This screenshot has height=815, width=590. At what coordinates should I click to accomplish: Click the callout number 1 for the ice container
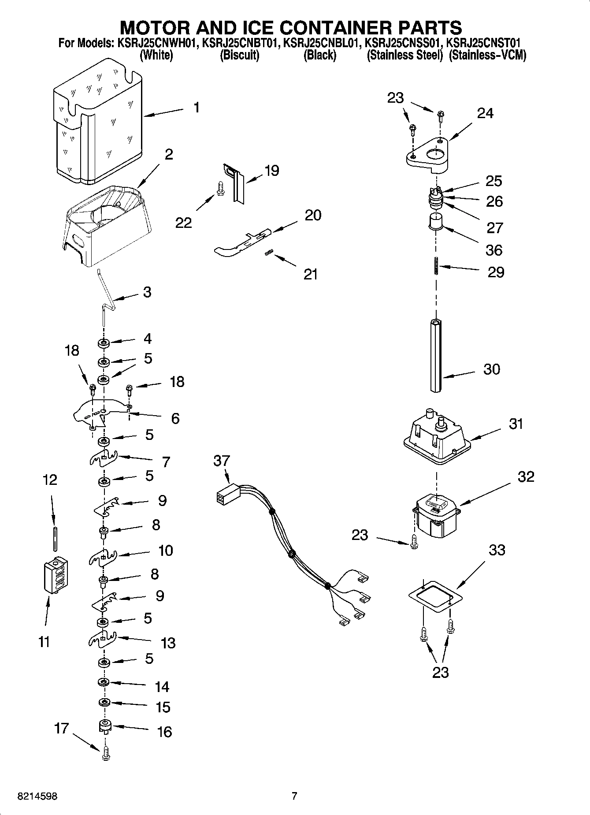[x=197, y=107]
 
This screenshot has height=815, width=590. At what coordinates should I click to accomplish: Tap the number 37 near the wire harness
[x=222, y=461]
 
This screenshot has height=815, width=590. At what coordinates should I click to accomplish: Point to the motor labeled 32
[x=436, y=516]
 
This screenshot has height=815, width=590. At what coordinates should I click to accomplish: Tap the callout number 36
[x=494, y=250]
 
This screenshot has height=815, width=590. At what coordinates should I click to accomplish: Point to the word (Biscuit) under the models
[x=239, y=56]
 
